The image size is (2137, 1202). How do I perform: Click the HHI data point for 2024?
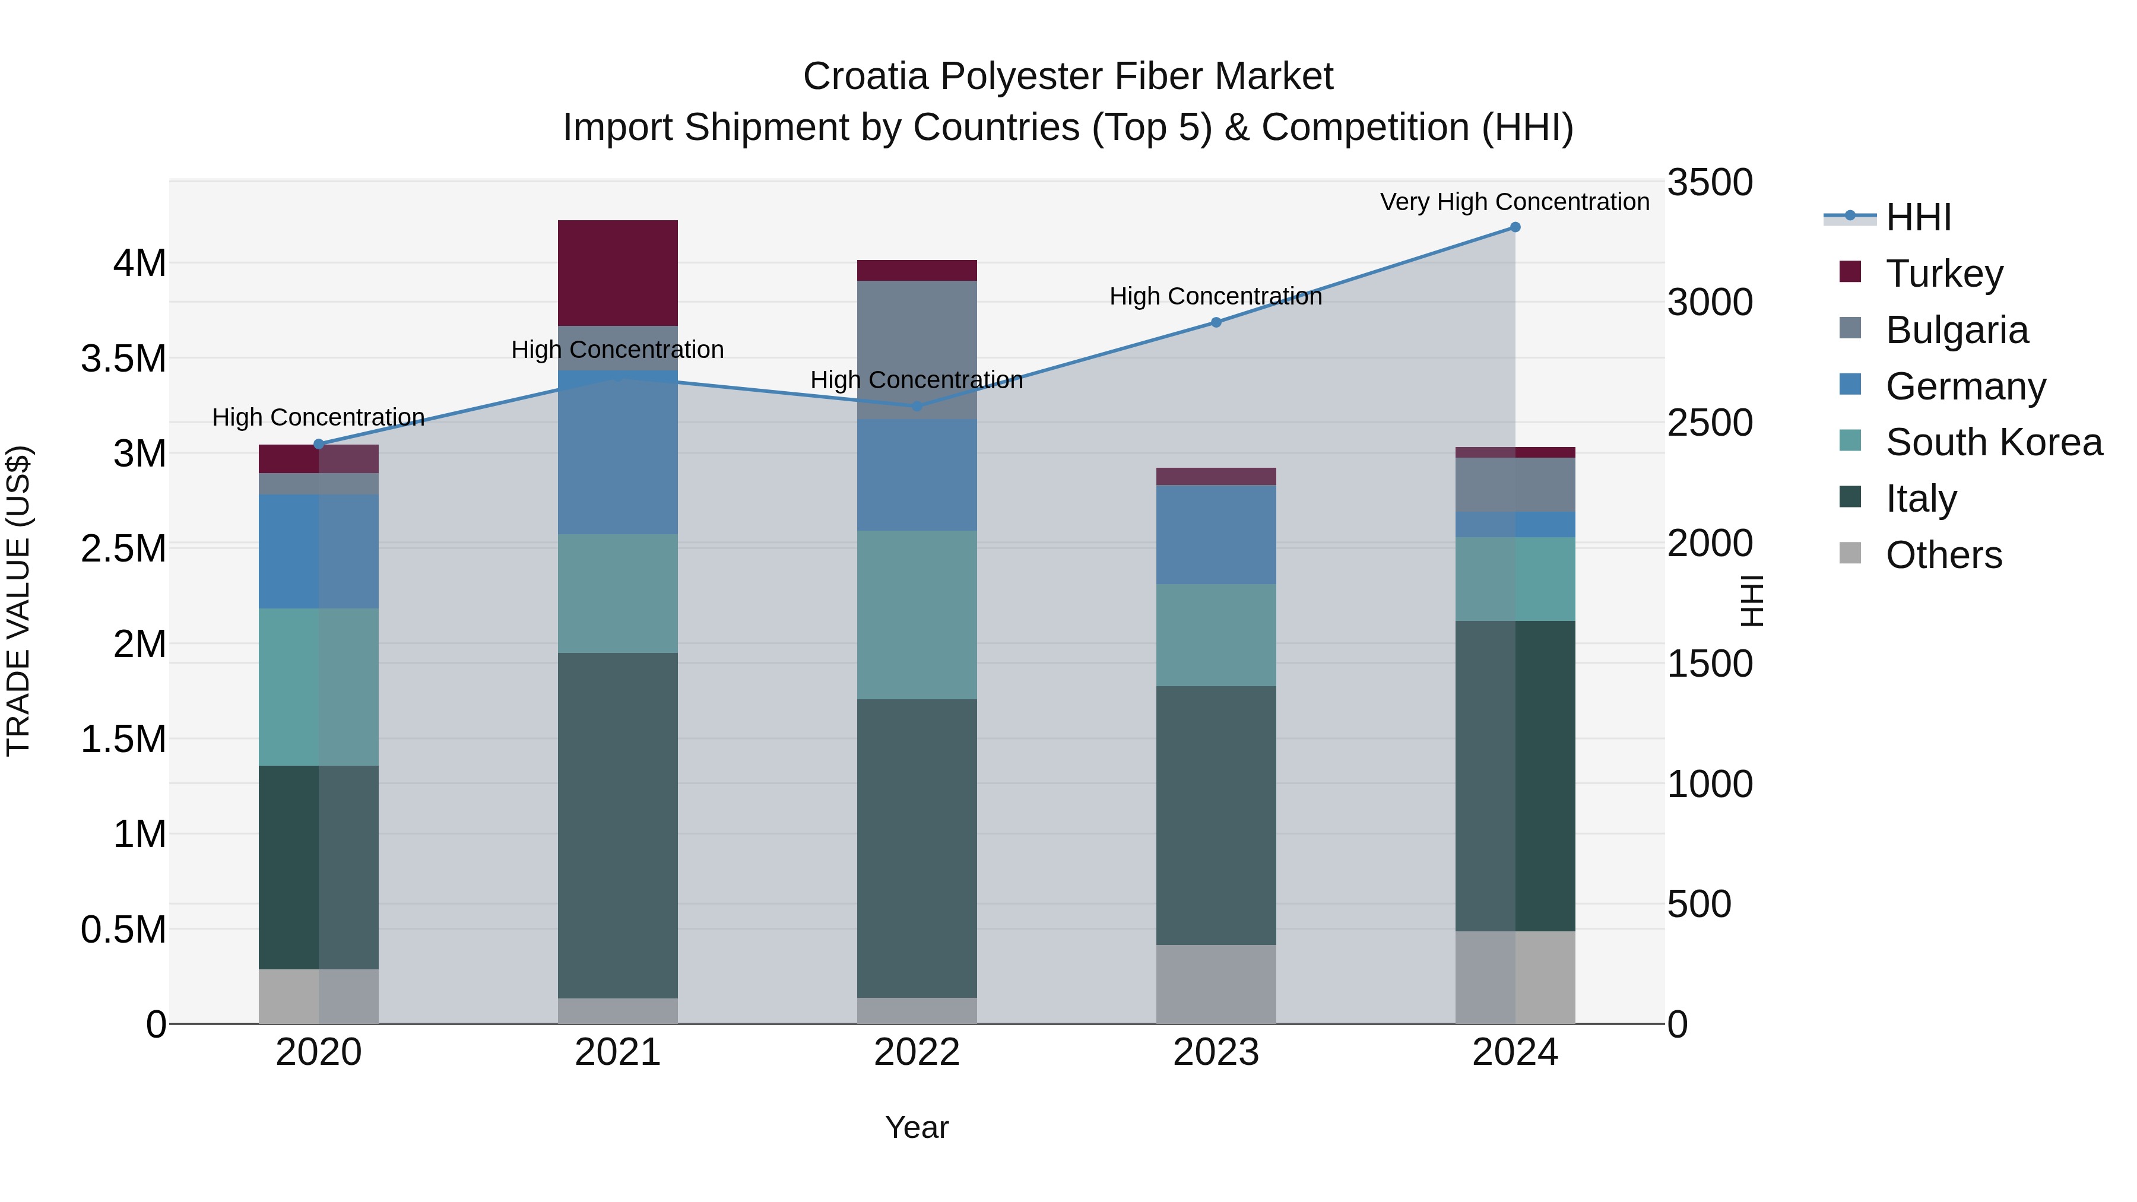pos(1515,227)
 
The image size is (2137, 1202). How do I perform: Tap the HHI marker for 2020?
pos(319,444)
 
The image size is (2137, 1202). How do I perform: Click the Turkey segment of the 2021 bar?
pos(617,273)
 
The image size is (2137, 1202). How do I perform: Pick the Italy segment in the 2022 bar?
pos(917,848)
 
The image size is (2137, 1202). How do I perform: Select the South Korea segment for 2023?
pos(1216,635)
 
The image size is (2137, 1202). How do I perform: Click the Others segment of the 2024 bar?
pos(1515,977)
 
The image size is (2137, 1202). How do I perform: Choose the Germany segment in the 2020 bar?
pos(319,551)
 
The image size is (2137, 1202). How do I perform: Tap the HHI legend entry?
pos(1917,217)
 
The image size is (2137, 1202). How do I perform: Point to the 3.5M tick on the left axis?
pos(123,359)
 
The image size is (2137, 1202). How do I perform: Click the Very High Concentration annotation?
pos(1515,202)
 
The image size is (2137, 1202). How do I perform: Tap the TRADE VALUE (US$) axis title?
pos(18,601)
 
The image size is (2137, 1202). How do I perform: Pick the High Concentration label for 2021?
pos(617,350)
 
